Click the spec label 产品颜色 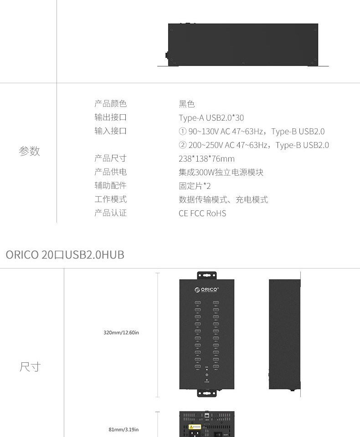[110, 104]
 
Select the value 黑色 [186, 104]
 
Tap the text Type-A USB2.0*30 [211, 118]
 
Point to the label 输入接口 [110, 131]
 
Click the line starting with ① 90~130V [252, 132]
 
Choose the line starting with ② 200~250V [253, 145]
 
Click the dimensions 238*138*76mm [206, 159]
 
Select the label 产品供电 [110, 172]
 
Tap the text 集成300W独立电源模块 [221, 173]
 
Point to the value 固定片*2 [195, 186]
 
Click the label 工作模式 [110, 199]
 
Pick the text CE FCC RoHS [202, 213]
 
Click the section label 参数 [30, 151]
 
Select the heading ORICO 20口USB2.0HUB [65, 254]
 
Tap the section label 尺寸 [30, 367]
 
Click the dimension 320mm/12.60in [121, 333]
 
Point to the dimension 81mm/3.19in [123, 429]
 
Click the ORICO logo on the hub [206, 289]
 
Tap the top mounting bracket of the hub [206, 276]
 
